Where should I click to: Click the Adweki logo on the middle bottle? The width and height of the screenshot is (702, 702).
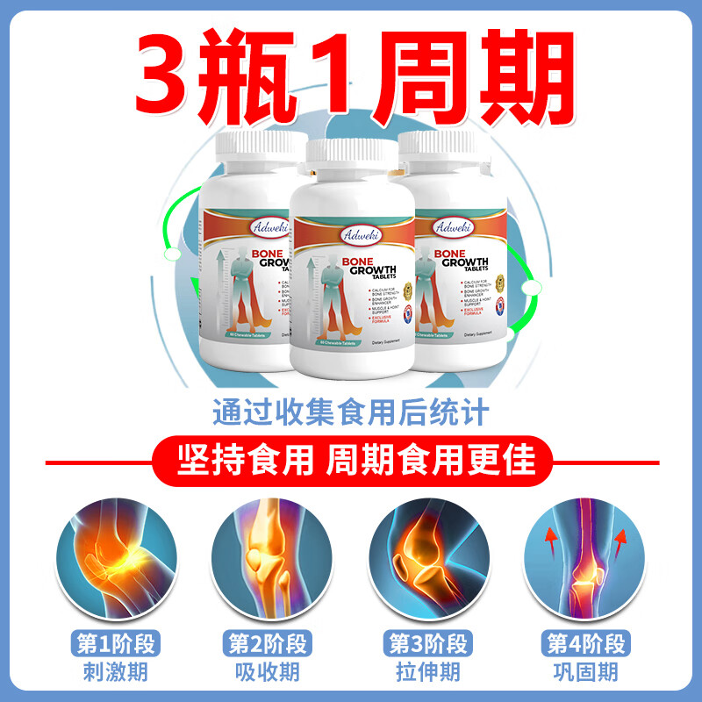[352, 236]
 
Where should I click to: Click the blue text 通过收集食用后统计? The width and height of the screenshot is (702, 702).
[350, 412]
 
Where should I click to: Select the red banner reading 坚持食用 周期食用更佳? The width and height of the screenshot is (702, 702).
[350, 459]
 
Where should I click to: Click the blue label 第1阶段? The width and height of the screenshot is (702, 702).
[107, 643]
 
